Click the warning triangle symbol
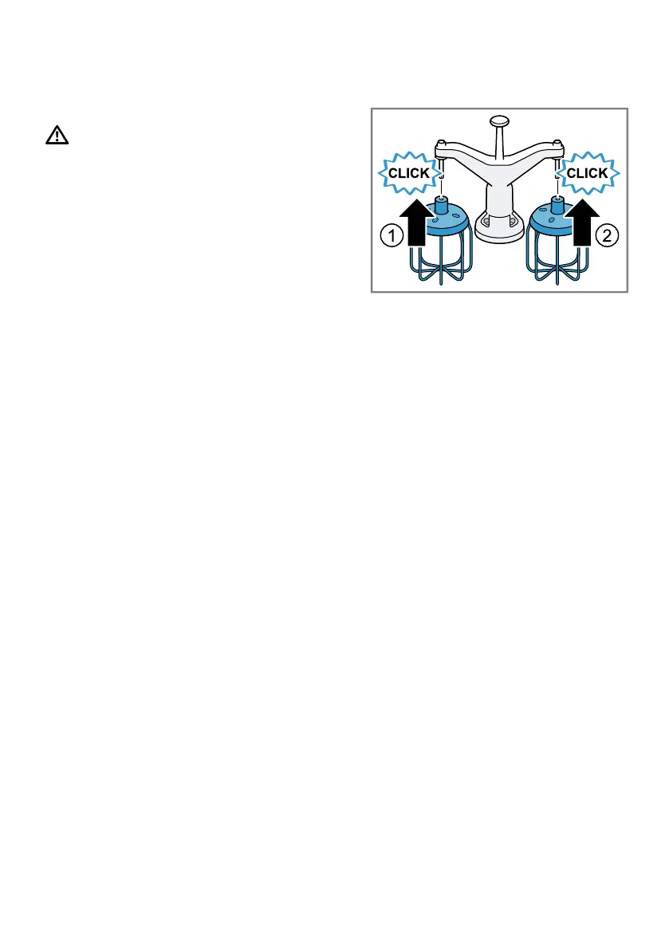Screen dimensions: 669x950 (57, 136)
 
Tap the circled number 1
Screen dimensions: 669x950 (391, 236)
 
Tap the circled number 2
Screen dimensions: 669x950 (607, 235)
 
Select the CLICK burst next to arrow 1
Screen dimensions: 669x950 (409, 173)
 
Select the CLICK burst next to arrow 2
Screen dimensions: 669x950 (590, 173)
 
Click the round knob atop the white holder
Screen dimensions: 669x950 (499, 121)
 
